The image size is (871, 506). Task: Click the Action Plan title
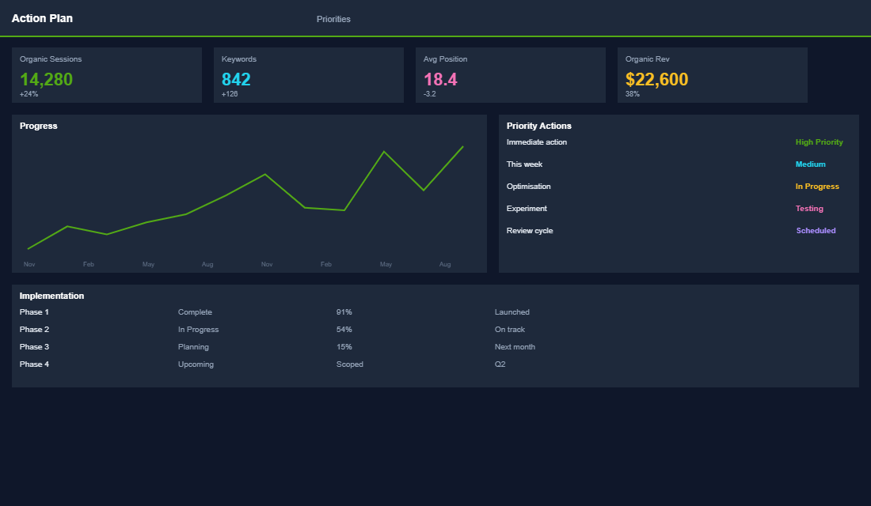coord(42,18)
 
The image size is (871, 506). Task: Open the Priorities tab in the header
coord(333,19)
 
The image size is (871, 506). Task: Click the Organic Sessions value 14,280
coord(46,79)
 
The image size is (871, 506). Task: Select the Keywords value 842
coord(236,79)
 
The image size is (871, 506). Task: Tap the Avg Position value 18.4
coord(440,79)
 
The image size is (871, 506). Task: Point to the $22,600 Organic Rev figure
coord(656,79)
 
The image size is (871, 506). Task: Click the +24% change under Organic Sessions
coord(29,94)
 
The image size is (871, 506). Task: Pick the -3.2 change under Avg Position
coord(429,94)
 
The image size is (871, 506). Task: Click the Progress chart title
coord(38,126)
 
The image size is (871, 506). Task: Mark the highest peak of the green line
coord(463,146)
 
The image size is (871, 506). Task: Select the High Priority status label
coord(819,142)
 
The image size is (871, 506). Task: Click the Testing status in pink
coord(809,209)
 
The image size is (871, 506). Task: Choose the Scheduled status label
coord(816,231)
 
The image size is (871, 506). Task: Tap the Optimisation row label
coord(528,187)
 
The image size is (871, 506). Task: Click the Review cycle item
coord(530,231)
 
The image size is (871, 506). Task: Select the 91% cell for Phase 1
coord(344,312)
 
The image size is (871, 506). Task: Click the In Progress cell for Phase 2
coord(198,330)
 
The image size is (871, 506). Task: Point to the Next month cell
coord(515,347)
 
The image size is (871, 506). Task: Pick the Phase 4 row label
coord(34,364)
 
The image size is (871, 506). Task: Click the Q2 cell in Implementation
coord(500,364)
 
